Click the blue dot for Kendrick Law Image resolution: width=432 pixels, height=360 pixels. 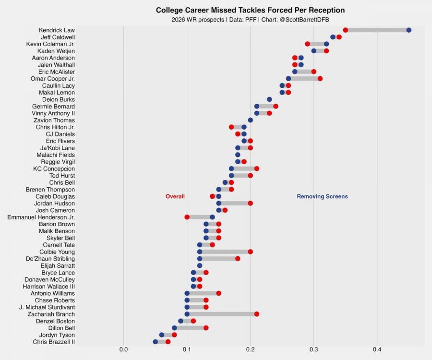pyautogui.click(x=408, y=30)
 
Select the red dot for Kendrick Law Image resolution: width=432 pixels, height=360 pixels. pyautogui.click(x=345, y=30)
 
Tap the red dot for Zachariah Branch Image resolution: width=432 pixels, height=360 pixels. pyautogui.click(x=256, y=314)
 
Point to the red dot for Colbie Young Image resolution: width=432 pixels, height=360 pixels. pyautogui.click(x=250, y=252)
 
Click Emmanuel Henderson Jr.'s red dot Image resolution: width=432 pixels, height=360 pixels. pyautogui.click(x=187, y=217)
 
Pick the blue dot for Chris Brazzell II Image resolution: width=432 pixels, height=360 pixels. pyautogui.click(x=155, y=342)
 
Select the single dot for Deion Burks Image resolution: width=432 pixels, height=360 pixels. pyautogui.click(x=269, y=99)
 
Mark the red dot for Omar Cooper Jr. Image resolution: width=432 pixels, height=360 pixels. pyautogui.click(x=320, y=79)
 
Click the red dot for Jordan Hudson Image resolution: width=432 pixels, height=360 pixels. pyautogui.click(x=250, y=203)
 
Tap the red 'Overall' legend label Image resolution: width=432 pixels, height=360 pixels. pyautogui.click(x=175, y=196)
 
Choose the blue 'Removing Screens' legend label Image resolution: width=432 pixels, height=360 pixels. pyautogui.click(x=322, y=196)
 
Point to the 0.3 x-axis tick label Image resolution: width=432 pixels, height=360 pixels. pyautogui.click(x=313, y=349)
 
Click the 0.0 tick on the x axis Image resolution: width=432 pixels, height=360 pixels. pyautogui.click(x=123, y=349)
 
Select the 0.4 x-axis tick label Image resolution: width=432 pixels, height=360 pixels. pyautogui.click(x=377, y=349)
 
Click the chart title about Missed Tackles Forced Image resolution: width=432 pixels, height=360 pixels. pyautogui.click(x=250, y=10)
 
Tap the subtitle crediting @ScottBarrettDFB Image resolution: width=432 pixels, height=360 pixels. pyautogui.click(x=250, y=20)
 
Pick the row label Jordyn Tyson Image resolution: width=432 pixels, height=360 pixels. pyautogui.click(x=57, y=335)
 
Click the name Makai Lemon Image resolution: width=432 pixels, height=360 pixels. pyautogui.click(x=57, y=92)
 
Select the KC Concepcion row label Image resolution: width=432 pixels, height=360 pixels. pyautogui.click(x=54, y=168)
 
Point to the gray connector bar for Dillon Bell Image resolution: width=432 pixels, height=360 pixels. pyautogui.click(x=190, y=328)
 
